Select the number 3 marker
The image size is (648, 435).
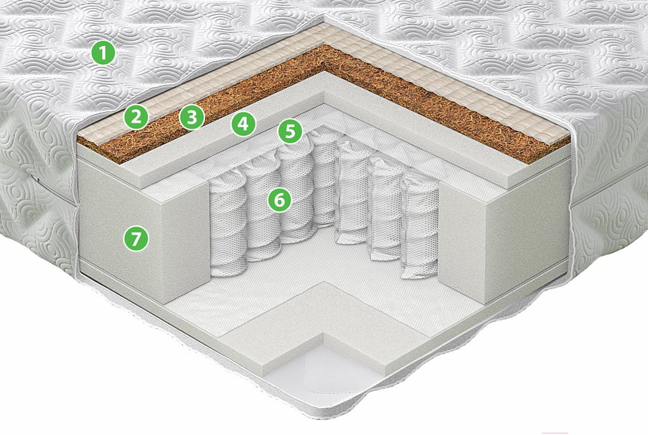pos(192,117)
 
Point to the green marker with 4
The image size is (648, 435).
pos(243,123)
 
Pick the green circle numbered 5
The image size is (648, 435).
pos(290,131)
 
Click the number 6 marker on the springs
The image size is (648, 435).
pos(280,200)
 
